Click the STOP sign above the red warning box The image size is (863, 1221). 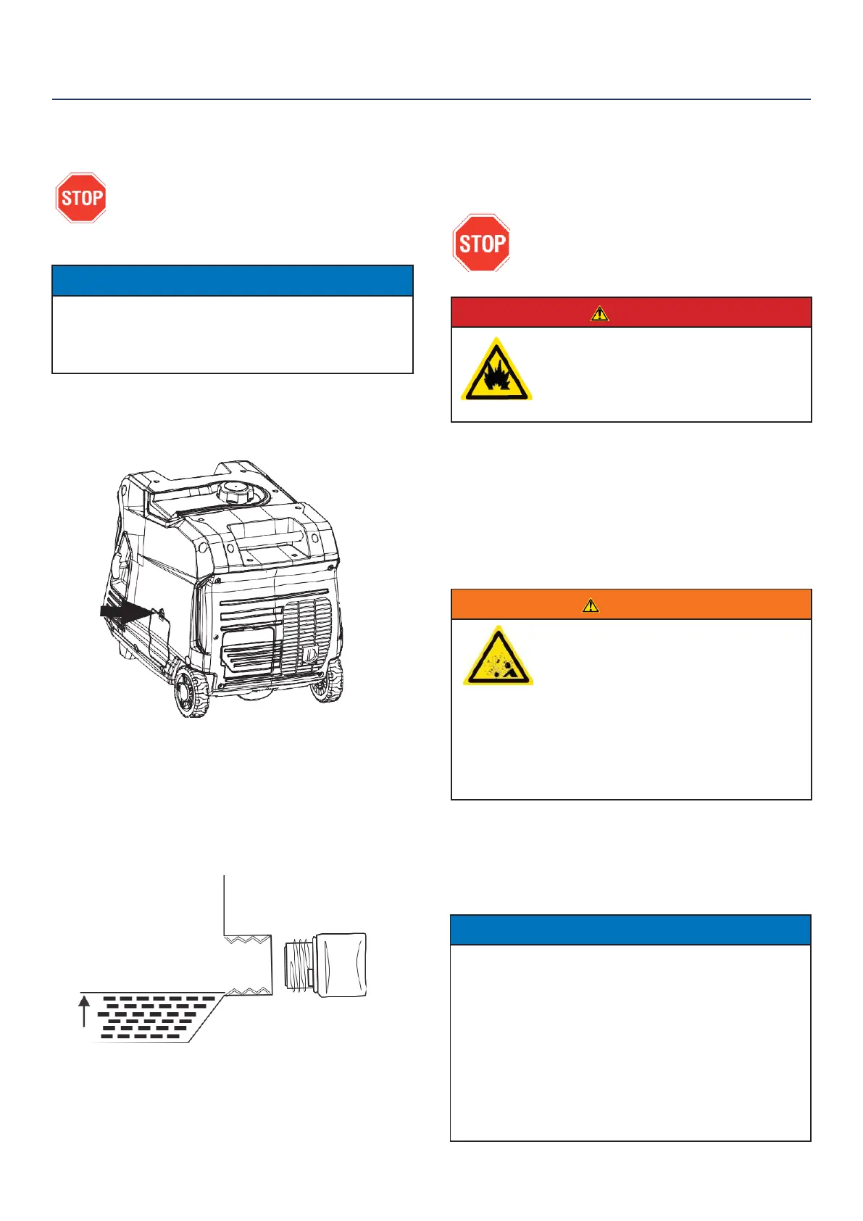point(481,243)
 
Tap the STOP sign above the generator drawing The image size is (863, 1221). point(81,197)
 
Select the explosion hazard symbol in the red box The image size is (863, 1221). point(496,369)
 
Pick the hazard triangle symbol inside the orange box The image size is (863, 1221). point(498,656)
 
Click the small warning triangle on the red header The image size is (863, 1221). point(599,313)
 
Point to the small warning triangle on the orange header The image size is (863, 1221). point(591,605)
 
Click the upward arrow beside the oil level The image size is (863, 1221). point(84,1011)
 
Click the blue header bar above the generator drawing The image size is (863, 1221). point(232,281)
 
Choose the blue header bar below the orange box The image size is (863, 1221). point(630,930)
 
